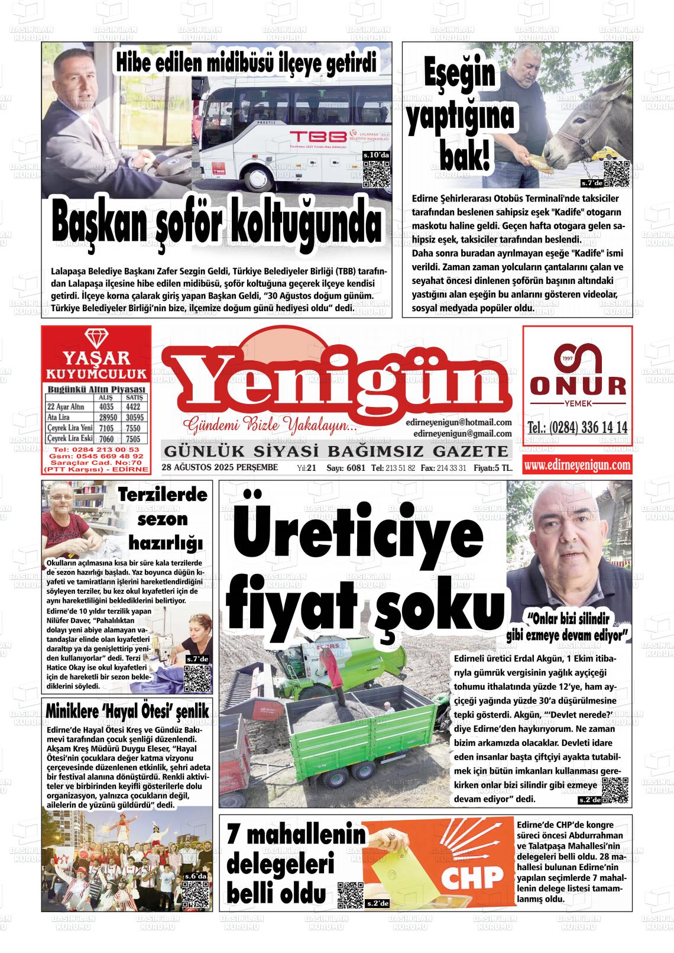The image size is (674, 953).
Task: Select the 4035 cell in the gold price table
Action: [106, 407]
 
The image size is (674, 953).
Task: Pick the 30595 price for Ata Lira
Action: [134, 418]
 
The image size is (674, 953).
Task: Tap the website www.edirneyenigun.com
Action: [577, 466]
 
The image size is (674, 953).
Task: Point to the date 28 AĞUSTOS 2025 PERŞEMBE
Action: [219, 468]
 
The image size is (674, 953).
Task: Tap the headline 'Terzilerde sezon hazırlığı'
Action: [162, 518]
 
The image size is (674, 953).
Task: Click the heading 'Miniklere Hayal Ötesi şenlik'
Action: [127, 712]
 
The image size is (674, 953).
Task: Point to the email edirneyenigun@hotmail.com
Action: [459, 422]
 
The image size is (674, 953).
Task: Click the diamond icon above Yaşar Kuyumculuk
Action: [96, 338]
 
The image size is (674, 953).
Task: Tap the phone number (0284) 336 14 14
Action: [577, 428]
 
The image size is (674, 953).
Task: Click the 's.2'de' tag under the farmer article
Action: [589, 800]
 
